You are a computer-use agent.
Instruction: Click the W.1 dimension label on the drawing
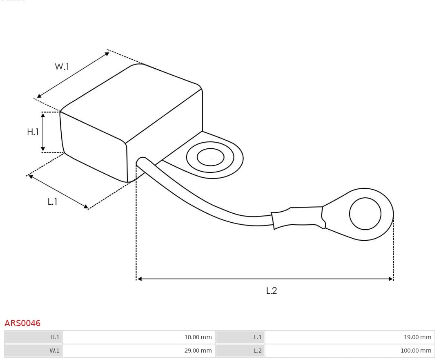(62, 67)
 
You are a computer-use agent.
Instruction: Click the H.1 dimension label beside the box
(33, 132)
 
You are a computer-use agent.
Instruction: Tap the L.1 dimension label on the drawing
(52, 201)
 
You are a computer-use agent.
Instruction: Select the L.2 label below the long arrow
(272, 291)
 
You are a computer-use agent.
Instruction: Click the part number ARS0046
(22, 323)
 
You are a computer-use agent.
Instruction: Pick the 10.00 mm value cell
(198, 337)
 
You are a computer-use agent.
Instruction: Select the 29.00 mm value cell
(198, 351)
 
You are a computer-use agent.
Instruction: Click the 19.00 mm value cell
(417, 337)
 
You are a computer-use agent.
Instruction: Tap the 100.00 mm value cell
(416, 351)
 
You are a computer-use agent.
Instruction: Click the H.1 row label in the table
(55, 337)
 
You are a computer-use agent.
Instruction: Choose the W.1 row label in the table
(54, 351)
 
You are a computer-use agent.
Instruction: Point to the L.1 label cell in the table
(257, 337)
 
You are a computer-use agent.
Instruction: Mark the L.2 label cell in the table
(257, 351)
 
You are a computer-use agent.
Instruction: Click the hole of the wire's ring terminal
(365, 214)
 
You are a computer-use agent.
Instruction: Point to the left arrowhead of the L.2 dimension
(139, 279)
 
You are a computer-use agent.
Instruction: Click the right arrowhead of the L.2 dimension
(391, 279)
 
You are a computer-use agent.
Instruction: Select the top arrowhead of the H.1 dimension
(43, 115)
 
